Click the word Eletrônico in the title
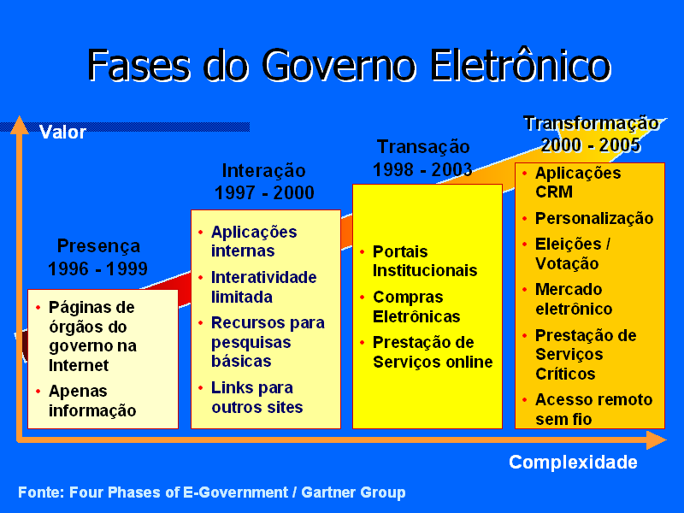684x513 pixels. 520,66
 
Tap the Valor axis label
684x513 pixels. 62,133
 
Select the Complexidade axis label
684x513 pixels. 573,463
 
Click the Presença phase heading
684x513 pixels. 98,246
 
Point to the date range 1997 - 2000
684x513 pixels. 264,193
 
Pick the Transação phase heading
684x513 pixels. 423,147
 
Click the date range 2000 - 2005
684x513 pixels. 591,145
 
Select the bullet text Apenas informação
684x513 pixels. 92,401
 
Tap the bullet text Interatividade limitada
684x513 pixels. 264,287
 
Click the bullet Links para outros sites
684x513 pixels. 257,398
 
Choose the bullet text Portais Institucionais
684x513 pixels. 425,261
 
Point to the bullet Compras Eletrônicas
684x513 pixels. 416,307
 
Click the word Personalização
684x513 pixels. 594,219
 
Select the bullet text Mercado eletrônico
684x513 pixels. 574,298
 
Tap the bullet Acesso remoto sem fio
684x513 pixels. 593,410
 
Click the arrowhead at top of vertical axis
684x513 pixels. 19,125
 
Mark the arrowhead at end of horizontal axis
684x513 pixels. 656,439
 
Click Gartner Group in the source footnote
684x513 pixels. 353,492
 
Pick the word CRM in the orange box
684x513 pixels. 554,192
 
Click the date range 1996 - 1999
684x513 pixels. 97,268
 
